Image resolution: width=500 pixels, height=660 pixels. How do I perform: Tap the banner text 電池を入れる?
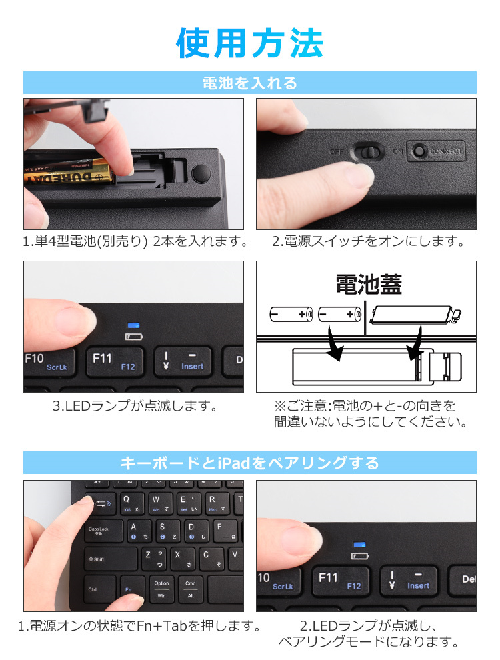pos(250,83)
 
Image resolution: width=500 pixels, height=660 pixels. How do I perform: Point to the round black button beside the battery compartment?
pos(201,173)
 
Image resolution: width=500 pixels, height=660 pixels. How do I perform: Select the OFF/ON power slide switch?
pos(367,151)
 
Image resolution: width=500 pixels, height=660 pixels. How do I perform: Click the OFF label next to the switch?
pos(337,151)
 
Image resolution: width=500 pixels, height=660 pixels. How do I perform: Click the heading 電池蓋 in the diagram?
pos(368,285)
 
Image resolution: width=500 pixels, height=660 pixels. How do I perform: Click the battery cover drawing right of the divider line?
pos(413,314)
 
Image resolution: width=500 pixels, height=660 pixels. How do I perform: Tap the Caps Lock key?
pos(97,531)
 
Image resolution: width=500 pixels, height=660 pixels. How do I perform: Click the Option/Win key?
pos(161,589)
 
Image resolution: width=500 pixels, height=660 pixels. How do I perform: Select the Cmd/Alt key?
pos(190,589)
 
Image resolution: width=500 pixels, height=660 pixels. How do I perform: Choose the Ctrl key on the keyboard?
pos(93,589)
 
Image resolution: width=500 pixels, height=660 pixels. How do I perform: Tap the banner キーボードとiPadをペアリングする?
pos(250,463)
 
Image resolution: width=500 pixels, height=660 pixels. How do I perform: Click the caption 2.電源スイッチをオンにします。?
pos(368,241)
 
